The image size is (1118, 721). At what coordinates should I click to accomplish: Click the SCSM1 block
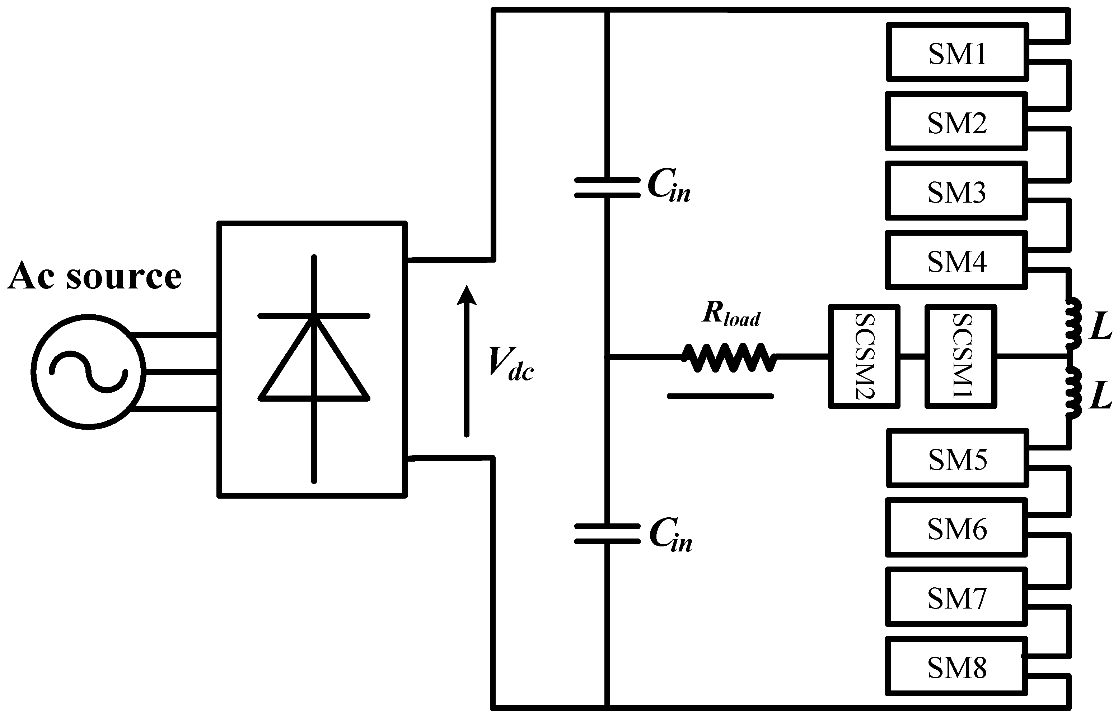coord(960,356)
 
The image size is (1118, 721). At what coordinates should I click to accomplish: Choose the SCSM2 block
coord(864,356)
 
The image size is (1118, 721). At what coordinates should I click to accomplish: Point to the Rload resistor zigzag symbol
coord(729,358)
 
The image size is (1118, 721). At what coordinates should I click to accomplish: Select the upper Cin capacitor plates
coord(607,187)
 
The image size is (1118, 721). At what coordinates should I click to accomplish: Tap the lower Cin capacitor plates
coord(607,534)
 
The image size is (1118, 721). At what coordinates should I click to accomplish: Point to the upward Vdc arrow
coord(466,361)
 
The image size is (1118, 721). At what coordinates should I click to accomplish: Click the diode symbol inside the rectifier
coord(314,358)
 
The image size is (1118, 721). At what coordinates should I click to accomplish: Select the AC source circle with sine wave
coord(88,372)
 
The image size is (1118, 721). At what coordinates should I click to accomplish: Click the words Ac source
coord(95,276)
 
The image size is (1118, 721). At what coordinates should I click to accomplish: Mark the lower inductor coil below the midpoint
coord(1073,392)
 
